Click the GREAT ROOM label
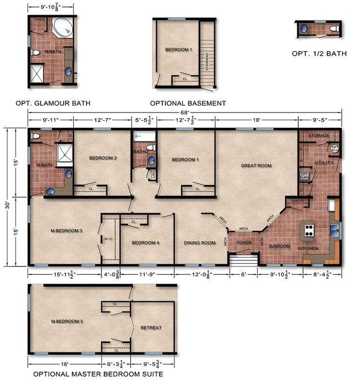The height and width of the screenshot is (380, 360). tap(256, 166)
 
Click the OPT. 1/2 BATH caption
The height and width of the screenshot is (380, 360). tap(319, 54)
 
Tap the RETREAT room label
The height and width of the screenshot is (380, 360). tap(151, 327)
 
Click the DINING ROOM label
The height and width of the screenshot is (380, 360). tap(199, 243)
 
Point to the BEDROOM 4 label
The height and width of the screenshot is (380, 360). tap(145, 243)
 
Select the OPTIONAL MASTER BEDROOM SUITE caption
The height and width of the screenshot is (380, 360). tap(97, 374)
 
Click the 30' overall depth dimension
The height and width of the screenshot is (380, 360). tap(8, 196)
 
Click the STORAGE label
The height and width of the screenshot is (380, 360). tap(318, 135)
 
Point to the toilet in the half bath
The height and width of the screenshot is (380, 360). tap(335, 30)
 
